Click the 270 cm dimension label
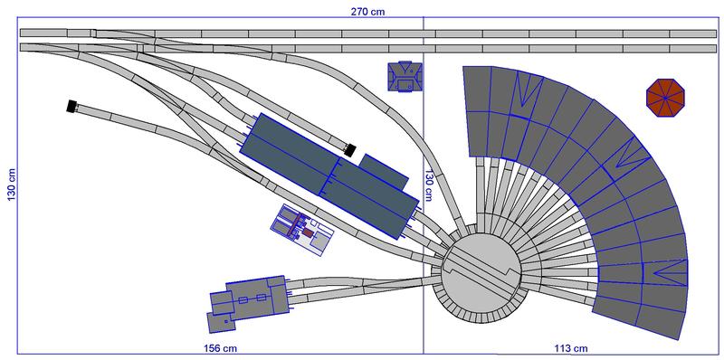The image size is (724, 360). click(x=367, y=12)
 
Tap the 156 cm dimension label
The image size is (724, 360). click(x=220, y=348)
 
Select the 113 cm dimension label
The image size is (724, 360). click(x=571, y=348)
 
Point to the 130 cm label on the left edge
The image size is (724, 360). click(x=12, y=185)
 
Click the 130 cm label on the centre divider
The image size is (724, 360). click(x=429, y=185)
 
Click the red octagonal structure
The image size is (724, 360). click(x=665, y=98)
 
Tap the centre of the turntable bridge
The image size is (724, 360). click(x=481, y=270)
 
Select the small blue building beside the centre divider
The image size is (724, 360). click(x=405, y=76)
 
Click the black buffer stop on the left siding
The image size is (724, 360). click(x=71, y=106)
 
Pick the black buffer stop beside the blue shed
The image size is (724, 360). click(x=350, y=149)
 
